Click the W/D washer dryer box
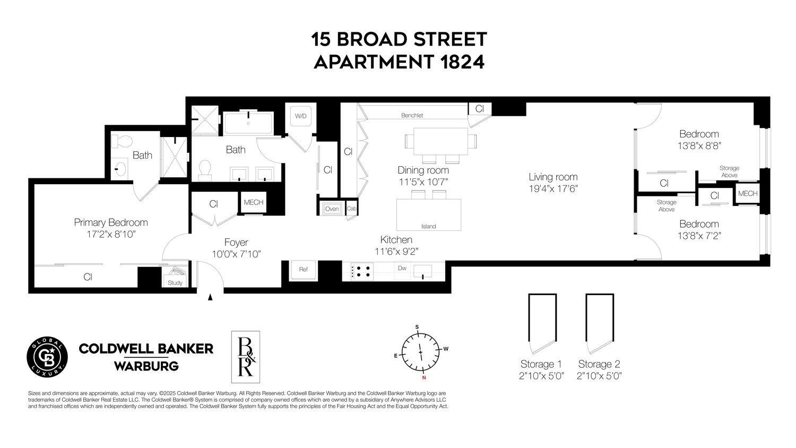point(301,116)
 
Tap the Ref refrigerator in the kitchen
point(303,270)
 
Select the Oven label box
point(332,209)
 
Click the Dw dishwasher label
point(402,269)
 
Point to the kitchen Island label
point(428,226)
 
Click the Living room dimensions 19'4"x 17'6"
point(552,188)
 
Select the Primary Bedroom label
point(110,222)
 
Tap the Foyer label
point(236,243)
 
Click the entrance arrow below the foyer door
point(210,298)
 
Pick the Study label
point(175,282)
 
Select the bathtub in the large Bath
point(248,123)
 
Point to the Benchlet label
point(412,115)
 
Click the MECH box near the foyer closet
point(253,202)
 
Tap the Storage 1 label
point(541,364)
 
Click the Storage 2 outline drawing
point(600,323)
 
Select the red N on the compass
point(423,378)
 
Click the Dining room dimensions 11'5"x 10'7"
point(423,182)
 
